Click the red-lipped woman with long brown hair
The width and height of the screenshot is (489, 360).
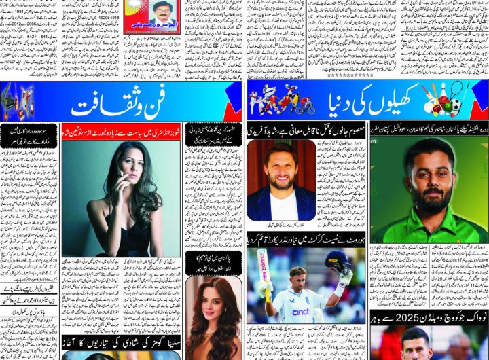[x=213, y=312]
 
